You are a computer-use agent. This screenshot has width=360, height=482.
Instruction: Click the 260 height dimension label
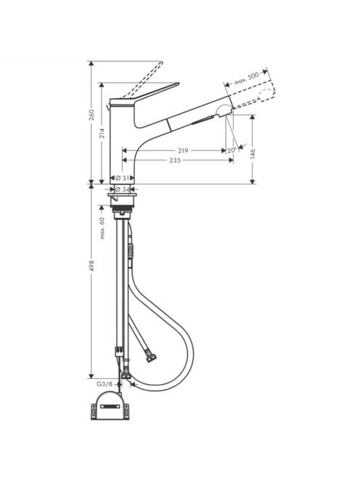click(x=92, y=115)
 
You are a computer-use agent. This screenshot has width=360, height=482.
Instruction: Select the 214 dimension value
click(x=102, y=133)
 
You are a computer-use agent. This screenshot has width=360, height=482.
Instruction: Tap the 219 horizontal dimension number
click(x=183, y=151)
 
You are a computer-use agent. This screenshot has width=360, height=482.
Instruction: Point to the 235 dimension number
click(x=175, y=160)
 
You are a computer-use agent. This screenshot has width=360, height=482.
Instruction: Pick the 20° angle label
click(x=232, y=150)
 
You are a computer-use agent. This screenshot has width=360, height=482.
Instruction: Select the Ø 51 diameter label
click(x=123, y=178)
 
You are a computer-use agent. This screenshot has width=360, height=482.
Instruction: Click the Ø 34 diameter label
click(x=123, y=189)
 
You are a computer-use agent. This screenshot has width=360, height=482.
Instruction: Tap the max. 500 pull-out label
click(x=246, y=79)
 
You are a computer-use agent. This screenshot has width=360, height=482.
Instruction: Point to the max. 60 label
click(x=102, y=228)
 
